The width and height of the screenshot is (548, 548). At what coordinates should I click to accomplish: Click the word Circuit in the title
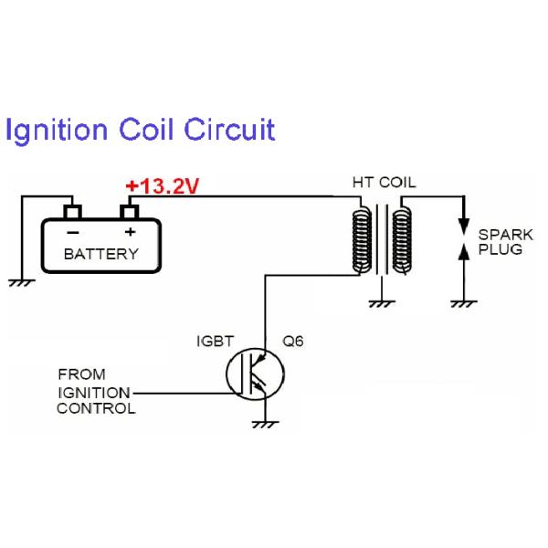(229, 130)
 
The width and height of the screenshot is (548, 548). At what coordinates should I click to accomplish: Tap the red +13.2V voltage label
(163, 187)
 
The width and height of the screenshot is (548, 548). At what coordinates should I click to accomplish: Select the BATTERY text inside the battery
(100, 254)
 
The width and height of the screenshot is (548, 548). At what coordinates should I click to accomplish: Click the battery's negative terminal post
(72, 213)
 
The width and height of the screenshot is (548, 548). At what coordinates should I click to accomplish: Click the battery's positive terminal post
(130, 213)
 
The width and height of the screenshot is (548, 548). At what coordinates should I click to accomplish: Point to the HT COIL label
(384, 183)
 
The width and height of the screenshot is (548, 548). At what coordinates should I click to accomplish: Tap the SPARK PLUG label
(500, 242)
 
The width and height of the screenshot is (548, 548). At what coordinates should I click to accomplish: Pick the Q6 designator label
(292, 342)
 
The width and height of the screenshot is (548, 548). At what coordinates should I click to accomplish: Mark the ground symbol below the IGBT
(266, 422)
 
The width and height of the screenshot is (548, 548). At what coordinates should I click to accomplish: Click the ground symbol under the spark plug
(464, 300)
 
